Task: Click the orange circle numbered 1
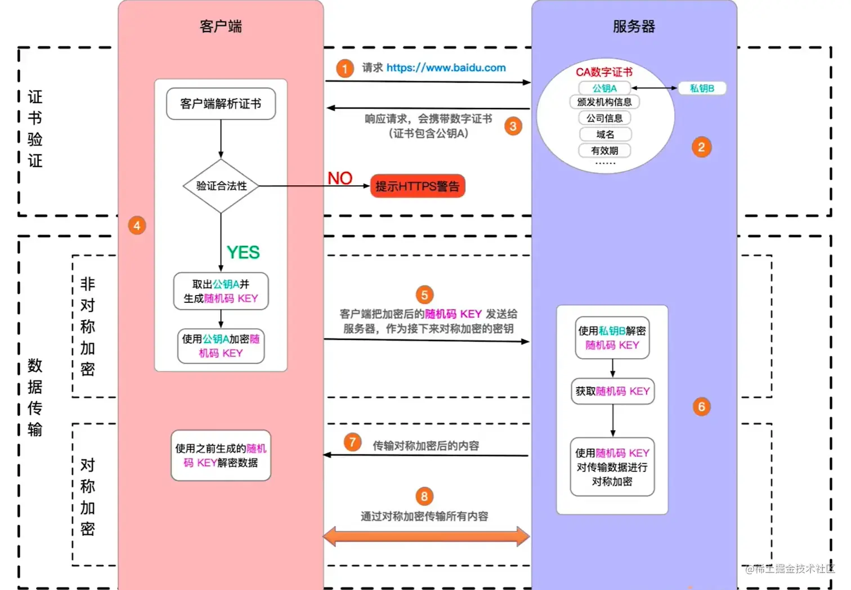344,69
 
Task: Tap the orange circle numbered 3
513,126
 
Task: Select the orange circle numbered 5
424,294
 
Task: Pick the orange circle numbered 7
352,442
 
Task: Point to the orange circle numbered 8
424,497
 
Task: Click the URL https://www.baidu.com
446,68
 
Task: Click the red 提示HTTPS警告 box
418,186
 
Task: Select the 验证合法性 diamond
221,186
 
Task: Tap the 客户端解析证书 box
221,104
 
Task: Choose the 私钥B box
702,88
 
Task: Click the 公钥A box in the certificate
604,88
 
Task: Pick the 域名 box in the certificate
605,135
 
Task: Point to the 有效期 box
604,151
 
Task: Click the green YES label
243,252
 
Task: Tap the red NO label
340,178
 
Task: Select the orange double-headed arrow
426,537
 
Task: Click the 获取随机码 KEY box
612,391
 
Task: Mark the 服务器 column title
634,26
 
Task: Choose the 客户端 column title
221,26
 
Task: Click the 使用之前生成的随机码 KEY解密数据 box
221,455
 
